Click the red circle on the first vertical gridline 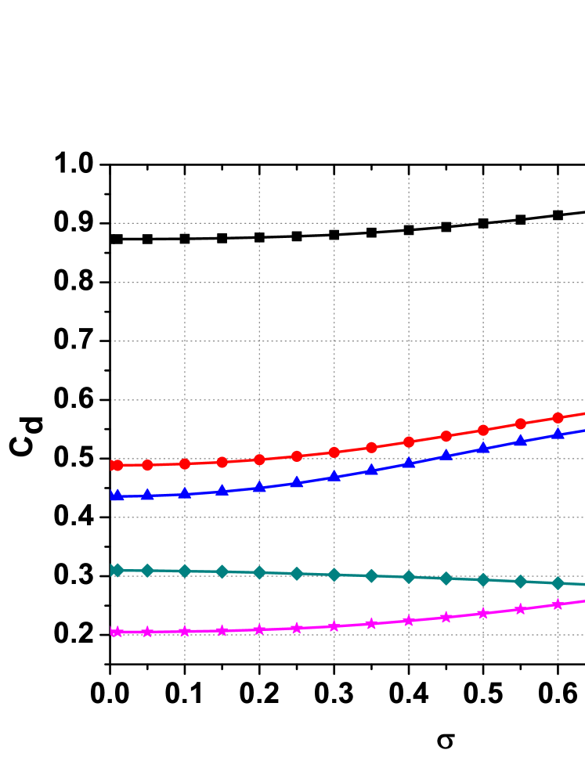pyautogui.click(x=185, y=463)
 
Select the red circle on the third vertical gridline pyautogui.click(x=334, y=452)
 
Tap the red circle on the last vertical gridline pyautogui.click(x=558, y=417)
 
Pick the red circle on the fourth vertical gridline pyautogui.click(x=409, y=442)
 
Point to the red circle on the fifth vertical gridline pyautogui.click(x=483, y=430)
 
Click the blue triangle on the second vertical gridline pyautogui.click(x=259, y=487)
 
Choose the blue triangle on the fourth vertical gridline pyautogui.click(x=409, y=463)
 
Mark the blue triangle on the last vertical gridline pyautogui.click(x=558, y=434)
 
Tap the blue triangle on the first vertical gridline pyautogui.click(x=185, y=493)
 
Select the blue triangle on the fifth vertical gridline pyautogui.click(x=483, y=448)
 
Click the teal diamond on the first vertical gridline pyautogui.click(x=185, y=571)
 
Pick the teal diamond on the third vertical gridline pyautogui.click(x=334, y=575)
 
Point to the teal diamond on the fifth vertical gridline pyautogui.click(x=483, y=579)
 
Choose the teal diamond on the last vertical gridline pyautogui.click(x=558, y=583)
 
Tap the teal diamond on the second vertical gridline pyautogui.click(x=259, y=572)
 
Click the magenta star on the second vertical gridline pyautogui.click(x=259, y=629)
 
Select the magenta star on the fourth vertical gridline pyautogui.click(x=409, y=621)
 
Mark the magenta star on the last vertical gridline pyautogui.click(x=558, y=604)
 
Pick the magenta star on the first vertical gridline pyautogui.click(x=185, y=631)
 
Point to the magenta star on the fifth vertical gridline pyautogui.click(x=483, y=613)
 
